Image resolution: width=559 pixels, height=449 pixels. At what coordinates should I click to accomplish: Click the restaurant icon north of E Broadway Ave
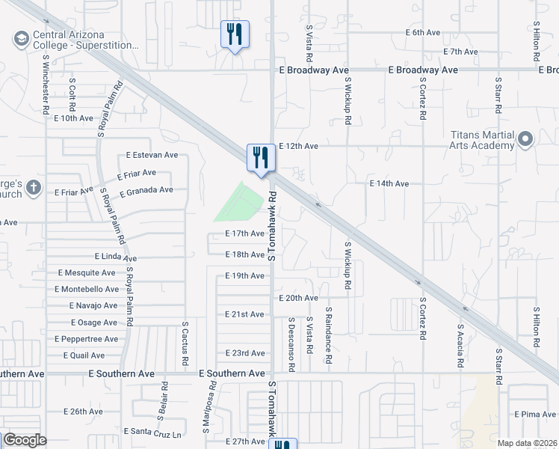235,34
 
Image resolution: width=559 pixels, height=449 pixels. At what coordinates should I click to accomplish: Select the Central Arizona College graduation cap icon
21,37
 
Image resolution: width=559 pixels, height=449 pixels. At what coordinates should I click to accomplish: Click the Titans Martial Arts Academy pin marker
526,138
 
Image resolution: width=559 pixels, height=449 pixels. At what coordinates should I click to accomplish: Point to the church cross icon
33,188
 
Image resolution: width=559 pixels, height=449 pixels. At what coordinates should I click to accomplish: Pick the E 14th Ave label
390,183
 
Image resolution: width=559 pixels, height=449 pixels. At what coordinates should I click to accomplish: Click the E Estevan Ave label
152,156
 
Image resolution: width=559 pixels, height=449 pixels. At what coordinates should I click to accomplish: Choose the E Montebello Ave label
87,289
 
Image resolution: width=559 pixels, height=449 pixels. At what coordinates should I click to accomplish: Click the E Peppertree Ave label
86,339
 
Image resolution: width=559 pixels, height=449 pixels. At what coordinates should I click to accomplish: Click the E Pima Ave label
534,414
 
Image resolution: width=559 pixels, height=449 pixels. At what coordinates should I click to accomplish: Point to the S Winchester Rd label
46,85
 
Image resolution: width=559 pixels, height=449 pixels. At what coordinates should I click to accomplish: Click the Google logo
25,440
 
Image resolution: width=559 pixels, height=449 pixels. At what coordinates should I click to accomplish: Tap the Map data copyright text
528,443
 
